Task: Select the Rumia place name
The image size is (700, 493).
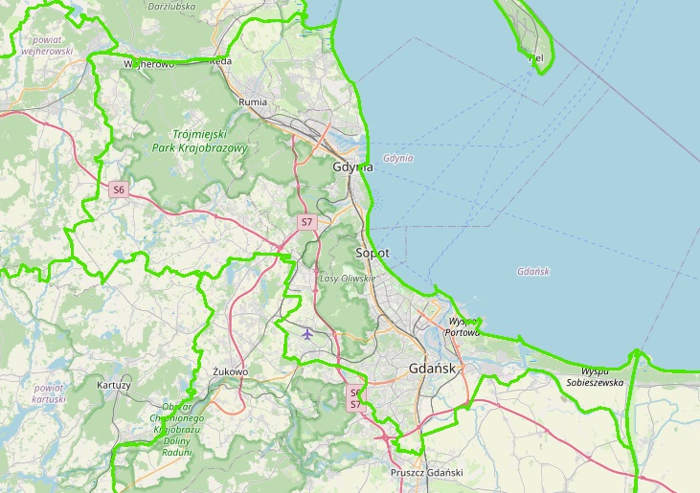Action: click(253, 101)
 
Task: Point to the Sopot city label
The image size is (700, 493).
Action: click(372, 254)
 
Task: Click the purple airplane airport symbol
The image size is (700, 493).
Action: click(306, 334)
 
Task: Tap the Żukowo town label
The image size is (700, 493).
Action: click(231, 371)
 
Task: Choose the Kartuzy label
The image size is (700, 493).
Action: click(114, 385)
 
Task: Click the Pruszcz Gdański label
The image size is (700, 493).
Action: click(427, 473)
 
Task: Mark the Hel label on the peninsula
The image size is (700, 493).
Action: click(536, 57)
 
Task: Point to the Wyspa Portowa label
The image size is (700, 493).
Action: click(463, 327)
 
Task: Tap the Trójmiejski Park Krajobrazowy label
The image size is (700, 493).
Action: click(200, 142)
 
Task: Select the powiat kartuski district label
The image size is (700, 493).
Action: click(48, 393)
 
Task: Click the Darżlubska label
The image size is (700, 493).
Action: click(172, 6)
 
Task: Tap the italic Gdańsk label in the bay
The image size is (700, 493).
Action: click(532, 272)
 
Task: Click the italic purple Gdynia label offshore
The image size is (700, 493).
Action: click(397, 158)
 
